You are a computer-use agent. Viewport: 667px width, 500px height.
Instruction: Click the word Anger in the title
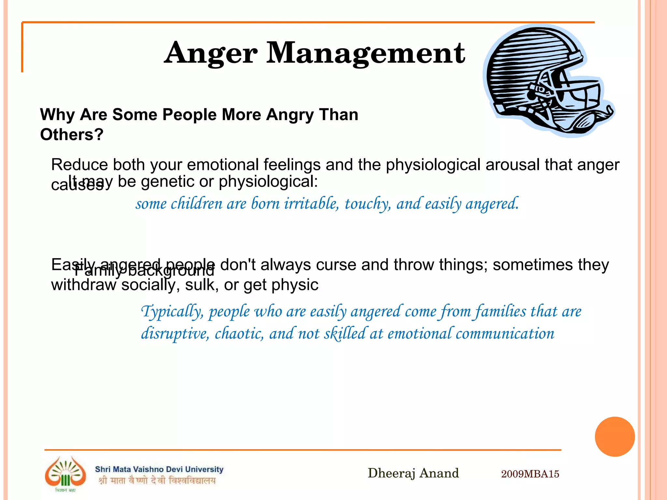211,54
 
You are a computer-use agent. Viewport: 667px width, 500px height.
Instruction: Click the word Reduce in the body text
79,165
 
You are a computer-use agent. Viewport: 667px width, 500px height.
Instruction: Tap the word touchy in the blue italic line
367,204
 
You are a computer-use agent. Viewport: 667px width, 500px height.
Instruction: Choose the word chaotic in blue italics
239,334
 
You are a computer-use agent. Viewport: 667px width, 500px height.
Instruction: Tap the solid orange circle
615,437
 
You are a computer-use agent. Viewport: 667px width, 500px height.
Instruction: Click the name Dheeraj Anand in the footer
413,473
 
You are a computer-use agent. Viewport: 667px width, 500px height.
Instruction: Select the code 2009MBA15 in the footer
530,474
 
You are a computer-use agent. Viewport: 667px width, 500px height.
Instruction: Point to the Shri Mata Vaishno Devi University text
159,469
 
